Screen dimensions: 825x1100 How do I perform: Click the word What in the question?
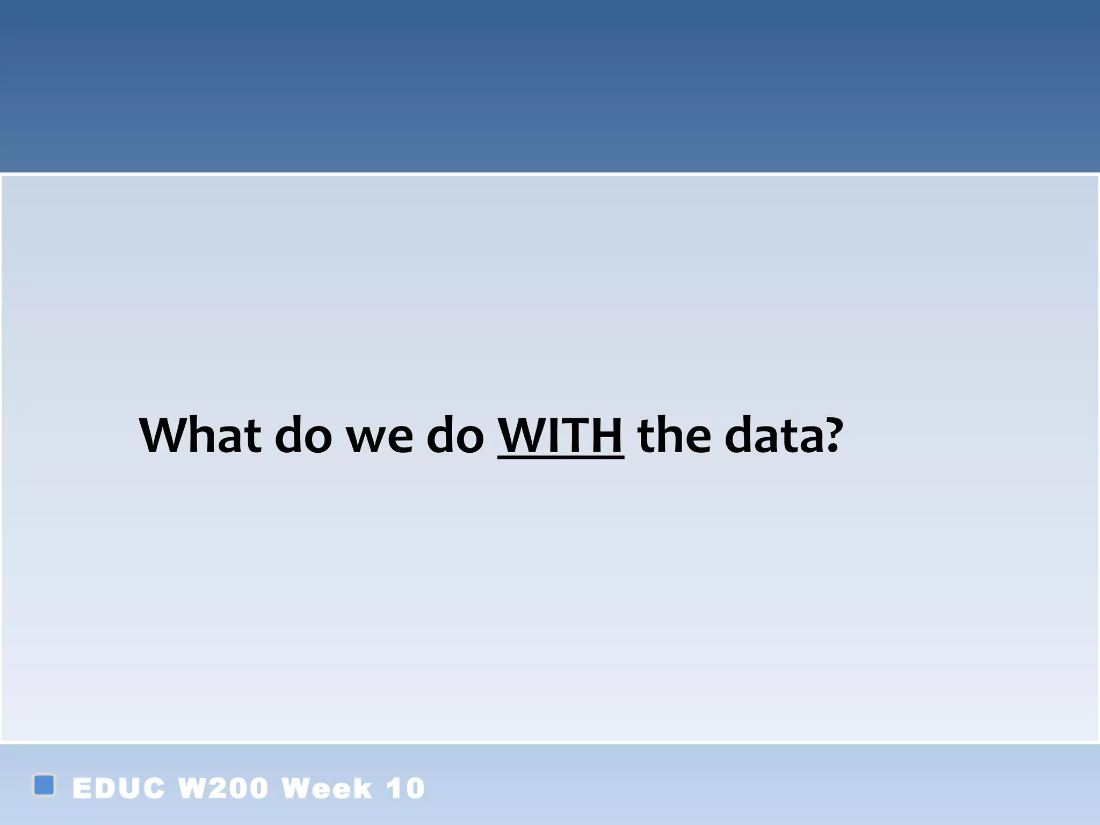coord(200,435)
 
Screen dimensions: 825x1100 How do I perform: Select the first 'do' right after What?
coord(303,435)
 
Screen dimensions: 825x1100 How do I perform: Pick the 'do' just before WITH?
coord(455,435)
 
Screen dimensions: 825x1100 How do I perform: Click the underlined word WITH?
coord(560,435)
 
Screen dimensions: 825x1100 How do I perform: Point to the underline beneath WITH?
coord(560,458)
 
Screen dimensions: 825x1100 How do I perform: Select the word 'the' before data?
coord(674,435)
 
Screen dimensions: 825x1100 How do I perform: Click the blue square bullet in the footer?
coord(44,785)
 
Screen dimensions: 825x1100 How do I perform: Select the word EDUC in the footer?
coord(118,788)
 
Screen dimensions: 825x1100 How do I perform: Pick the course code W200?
coord(223,788)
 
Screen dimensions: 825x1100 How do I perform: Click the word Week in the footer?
coord(327,788)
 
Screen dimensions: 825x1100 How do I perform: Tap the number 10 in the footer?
coord(406,788)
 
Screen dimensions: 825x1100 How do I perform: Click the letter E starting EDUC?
coord(82,788)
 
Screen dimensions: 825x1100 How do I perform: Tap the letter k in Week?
coord(362,788)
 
